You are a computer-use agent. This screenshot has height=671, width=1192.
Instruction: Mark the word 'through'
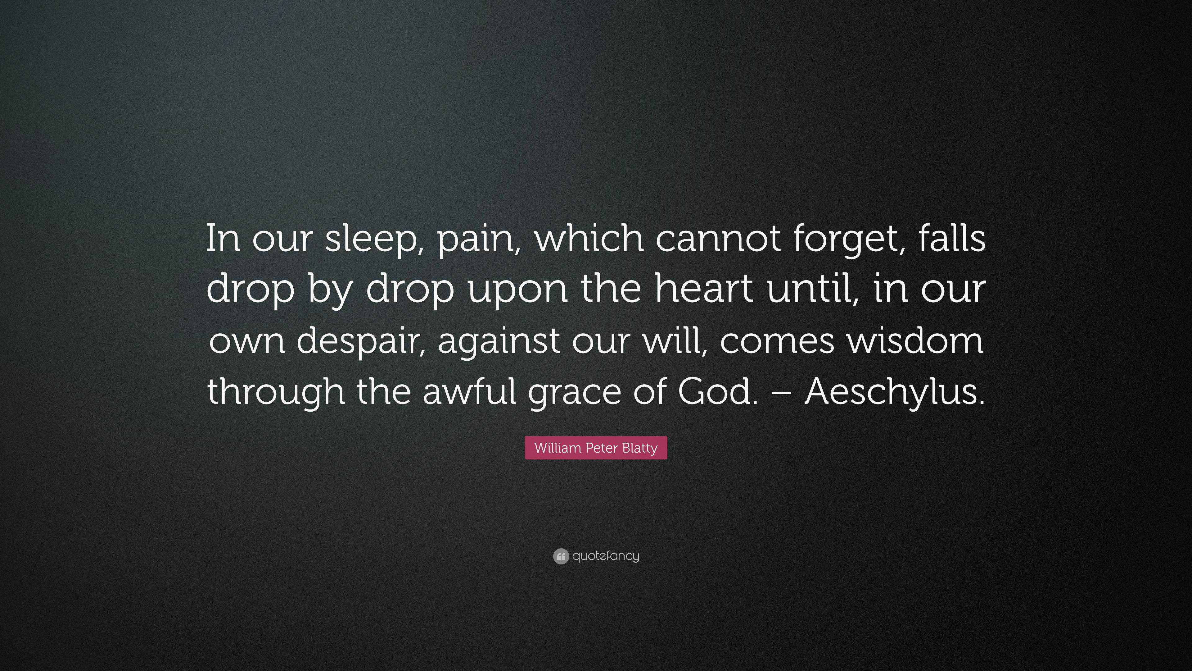tap(276, 392)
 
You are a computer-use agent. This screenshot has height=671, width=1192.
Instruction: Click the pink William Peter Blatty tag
tap(596, 448)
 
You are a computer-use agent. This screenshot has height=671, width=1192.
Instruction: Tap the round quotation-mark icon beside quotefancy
tap(560, 556)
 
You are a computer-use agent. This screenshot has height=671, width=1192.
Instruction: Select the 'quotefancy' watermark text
tap(605, 556)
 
